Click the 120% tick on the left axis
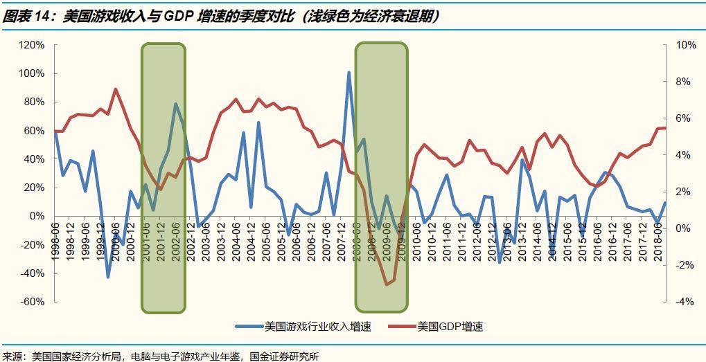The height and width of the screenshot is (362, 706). (31, 45)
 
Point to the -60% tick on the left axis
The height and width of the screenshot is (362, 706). (31, 302)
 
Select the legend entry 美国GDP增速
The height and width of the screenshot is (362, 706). (450, 326)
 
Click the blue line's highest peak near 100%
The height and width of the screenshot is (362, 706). (348, 72)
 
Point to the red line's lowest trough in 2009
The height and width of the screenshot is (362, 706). (387, 284)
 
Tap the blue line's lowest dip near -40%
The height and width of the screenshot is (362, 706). (108, 277)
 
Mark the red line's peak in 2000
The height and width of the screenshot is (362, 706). (115, 89)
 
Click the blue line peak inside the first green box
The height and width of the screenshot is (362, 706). (176, 105)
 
